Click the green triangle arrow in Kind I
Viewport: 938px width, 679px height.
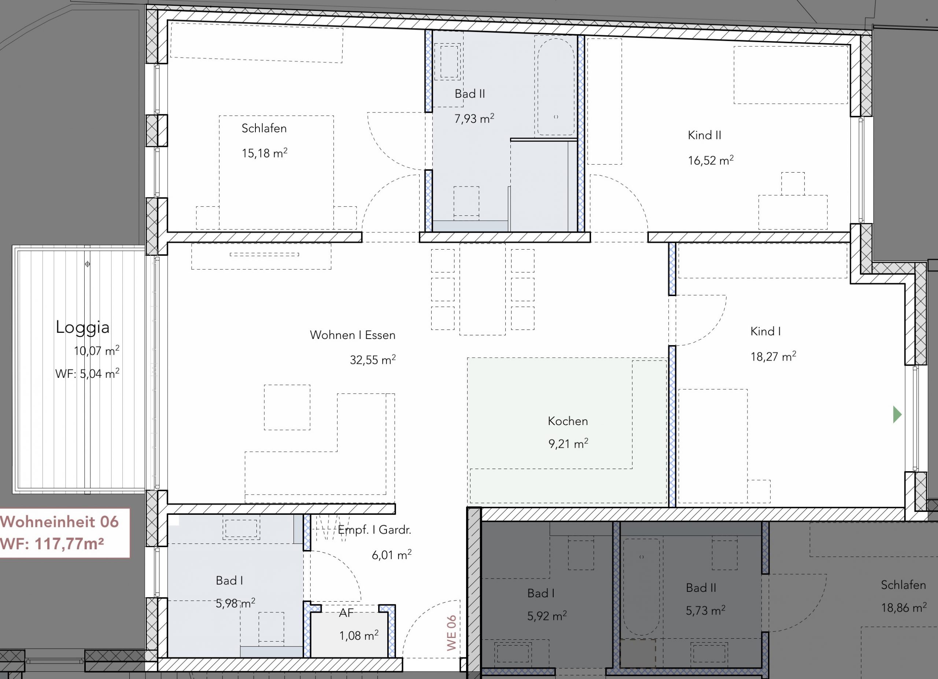click(x=897, y=415)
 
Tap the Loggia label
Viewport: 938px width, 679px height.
click(x=83, y=327)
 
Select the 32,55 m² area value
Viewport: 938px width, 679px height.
click(x=373, y=359)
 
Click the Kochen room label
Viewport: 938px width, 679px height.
click(x=568, y=421)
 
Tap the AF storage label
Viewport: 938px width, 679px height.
click(x=346, y=613)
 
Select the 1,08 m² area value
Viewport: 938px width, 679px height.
click(x=359, y=635)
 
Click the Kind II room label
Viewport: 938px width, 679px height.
click(x=704, y=135)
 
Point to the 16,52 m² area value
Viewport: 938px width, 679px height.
click(x=710, y=160)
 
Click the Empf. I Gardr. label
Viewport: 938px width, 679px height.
click(x=375, y=530)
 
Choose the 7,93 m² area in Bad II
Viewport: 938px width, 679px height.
click(x=474, y=119)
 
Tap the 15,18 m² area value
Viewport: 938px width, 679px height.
click(x=264, y=153)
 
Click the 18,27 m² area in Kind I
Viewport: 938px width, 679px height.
click(x=773, y=356)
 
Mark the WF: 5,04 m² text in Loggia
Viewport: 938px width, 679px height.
click(x=87, y=373)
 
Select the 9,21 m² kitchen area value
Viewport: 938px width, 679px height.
click(x=568, y=444)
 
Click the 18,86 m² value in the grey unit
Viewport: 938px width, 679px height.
click(x=904, y=608)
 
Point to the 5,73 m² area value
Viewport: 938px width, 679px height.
click(x=706, y=610)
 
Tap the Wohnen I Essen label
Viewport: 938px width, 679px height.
click(x=353, y=335)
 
